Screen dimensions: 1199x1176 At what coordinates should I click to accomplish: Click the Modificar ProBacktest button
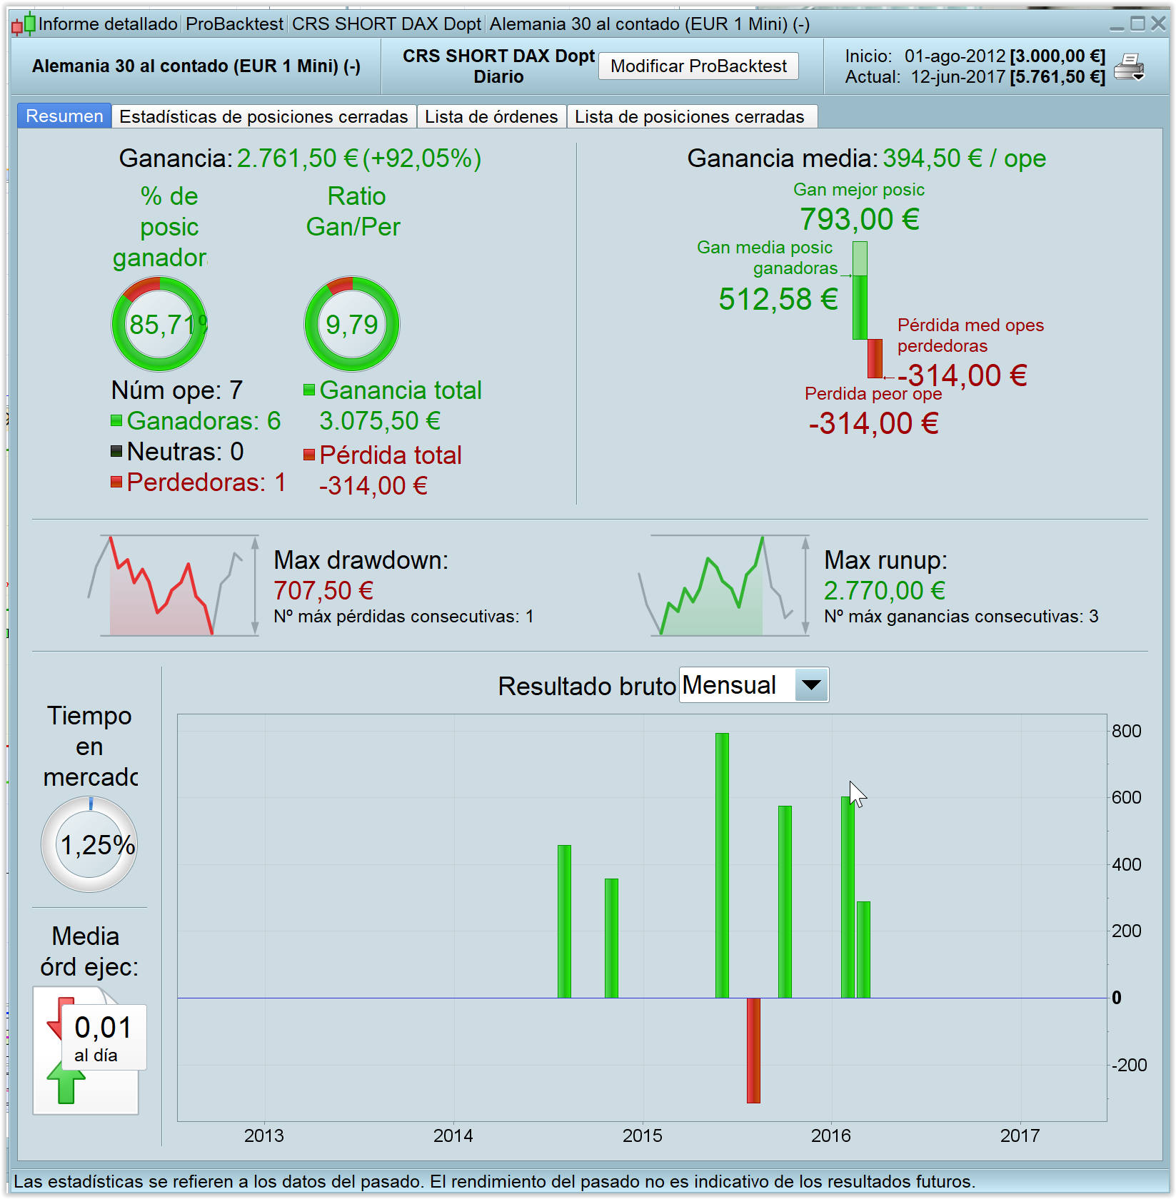point(698,66)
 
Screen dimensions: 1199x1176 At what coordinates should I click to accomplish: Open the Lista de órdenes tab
point(491,116)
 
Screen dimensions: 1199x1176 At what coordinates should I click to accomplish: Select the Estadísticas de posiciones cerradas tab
point(263,116)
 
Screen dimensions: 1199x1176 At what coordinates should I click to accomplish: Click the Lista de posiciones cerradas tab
point(689,116)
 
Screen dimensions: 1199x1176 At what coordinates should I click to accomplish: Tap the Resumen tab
point(64,116)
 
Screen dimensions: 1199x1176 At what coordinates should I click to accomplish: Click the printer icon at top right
point(1129,67)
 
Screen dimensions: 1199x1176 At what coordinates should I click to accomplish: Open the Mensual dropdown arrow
point(811,685)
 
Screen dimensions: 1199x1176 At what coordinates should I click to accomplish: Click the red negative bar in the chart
point(753,1050)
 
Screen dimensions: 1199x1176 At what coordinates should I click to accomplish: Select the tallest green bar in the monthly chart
point(722,864)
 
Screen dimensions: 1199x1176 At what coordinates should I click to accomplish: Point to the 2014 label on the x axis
point(453,1135)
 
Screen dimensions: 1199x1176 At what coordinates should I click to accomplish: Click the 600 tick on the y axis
point(1126,797)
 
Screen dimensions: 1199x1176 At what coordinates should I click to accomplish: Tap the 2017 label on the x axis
point(1020,1135)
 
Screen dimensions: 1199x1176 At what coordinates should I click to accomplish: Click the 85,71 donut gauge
point(159,324)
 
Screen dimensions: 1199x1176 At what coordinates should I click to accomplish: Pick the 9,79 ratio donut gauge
point(352,324)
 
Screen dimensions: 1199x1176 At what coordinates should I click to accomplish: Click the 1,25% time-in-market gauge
point(89,844)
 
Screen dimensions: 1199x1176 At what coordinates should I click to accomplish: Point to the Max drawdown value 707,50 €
point(323,591)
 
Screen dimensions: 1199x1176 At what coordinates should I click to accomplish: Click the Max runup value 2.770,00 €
point(884,591)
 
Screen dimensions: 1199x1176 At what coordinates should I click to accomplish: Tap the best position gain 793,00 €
point(859,219)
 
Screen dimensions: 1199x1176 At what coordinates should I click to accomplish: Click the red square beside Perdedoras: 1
point(116,482)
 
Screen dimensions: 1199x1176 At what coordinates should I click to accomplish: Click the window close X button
point(1158,24)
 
